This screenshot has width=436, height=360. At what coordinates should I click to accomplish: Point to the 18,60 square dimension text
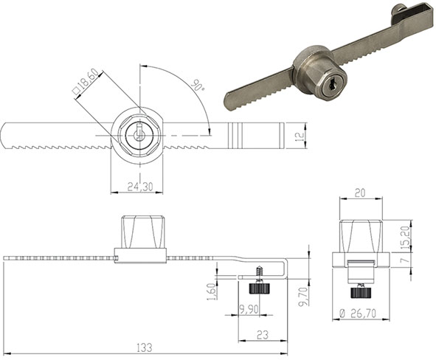coord(86,84)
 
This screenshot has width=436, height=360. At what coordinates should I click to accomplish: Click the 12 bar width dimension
coord(297,136)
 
